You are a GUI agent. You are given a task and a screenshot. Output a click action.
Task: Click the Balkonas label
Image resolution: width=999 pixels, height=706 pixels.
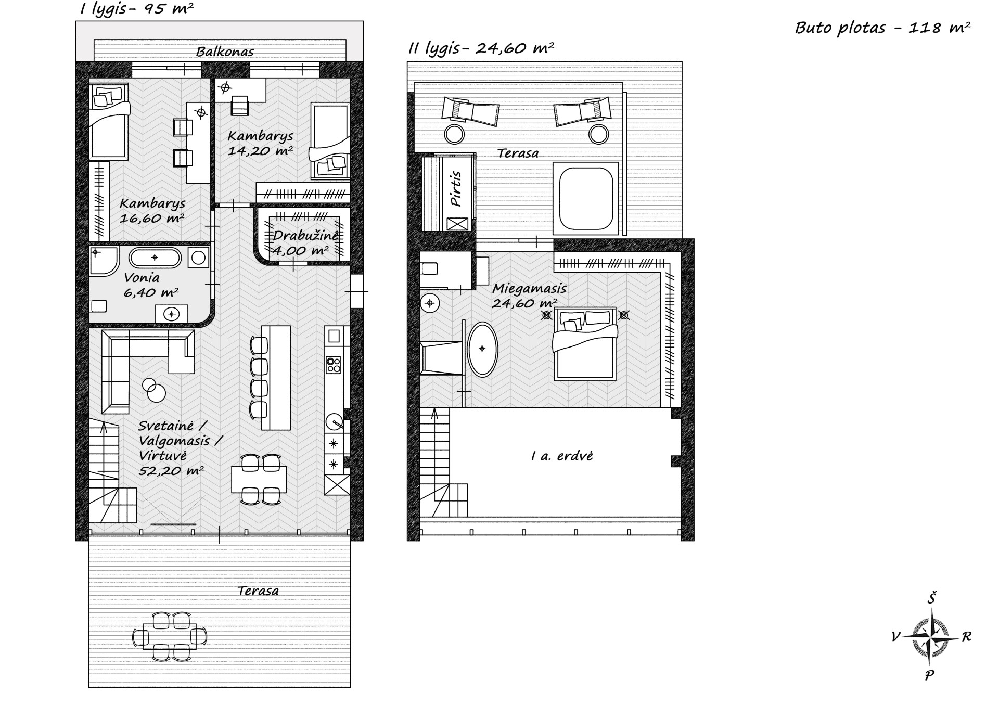click(x=225, y=52)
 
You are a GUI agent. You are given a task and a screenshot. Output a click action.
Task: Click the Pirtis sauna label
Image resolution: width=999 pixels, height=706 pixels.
click(x=456, y=189)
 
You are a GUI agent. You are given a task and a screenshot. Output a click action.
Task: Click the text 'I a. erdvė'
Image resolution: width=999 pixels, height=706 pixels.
click(x=562, y=456)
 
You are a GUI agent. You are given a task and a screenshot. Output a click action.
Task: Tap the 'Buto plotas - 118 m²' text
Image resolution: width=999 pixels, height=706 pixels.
click(x=882, y=28)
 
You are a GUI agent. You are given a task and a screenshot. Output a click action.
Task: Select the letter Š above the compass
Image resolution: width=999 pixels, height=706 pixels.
click(x=931, y=598)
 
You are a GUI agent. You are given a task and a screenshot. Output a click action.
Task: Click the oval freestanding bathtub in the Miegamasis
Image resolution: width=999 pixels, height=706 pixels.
click(x=483, y=349)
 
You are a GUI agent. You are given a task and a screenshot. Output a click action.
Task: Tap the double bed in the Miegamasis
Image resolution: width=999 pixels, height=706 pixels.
click(x=585, y=344)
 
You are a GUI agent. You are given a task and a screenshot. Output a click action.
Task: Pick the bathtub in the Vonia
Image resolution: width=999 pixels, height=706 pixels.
click(x=155, y=258)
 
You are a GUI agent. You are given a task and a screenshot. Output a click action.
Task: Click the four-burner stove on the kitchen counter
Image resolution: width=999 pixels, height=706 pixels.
click(x=333, y=364)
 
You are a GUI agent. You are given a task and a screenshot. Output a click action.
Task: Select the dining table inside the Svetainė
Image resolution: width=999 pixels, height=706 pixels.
click(x=259, y=479)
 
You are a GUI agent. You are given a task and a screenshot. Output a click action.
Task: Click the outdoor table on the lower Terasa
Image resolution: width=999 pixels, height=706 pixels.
click(x=170, y=636)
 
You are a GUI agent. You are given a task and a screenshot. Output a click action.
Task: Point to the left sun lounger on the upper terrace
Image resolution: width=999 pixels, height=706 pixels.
click(x=470, y=111)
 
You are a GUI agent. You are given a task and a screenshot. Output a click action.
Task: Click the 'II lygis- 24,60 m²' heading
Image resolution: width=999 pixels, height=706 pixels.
click(x=481, y=48)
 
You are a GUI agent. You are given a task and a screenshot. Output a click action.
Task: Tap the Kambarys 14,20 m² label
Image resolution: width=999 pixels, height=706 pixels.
click(x=260, y=143)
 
